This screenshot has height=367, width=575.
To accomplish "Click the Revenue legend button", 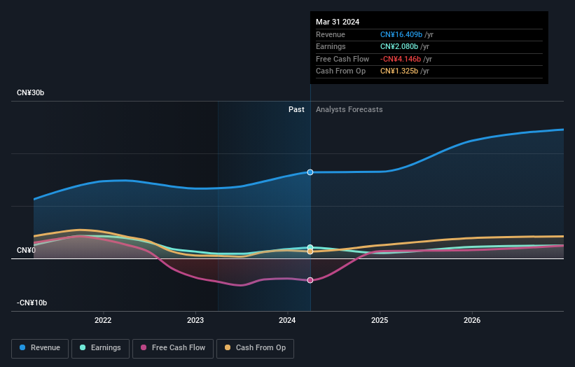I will (x=40, y=347).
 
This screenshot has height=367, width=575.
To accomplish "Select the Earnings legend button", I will (x=100, y=347).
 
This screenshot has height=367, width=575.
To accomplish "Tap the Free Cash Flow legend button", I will (x=173, y=347).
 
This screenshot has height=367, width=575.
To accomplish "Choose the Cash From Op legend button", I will (x=256, y=347).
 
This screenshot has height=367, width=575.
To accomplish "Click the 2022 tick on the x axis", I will (x=103, y=321).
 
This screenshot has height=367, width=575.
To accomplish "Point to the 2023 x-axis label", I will (x=195, y=321).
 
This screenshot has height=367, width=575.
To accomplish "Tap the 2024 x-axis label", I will (x=287, y=321).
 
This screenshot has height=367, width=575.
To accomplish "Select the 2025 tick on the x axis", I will (x=380, y=321).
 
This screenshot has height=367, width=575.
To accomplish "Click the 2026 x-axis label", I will (x=472, y=321).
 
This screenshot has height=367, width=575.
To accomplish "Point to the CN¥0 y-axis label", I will (x=27, y=250).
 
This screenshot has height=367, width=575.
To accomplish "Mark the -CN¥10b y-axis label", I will (x=32, y=303).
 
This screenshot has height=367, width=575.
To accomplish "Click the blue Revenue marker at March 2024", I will (x=310, y=172).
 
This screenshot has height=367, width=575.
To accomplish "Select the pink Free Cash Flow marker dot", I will (x=310, y=280).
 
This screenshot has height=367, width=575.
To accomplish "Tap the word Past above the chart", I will (x=296, y=109).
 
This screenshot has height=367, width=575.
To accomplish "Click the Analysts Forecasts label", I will (x=349, y=109).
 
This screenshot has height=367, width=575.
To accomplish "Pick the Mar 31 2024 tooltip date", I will (x=338, y=22).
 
